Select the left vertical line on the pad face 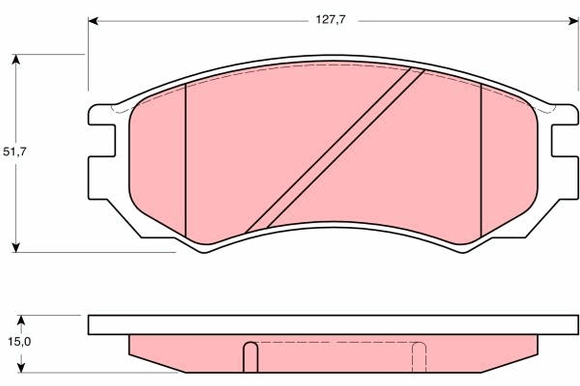[186, 159]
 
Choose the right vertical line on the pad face [481, 159]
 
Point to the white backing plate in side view [333, 325]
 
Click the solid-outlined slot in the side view [250, 357]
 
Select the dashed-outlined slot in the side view [419, 357]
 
